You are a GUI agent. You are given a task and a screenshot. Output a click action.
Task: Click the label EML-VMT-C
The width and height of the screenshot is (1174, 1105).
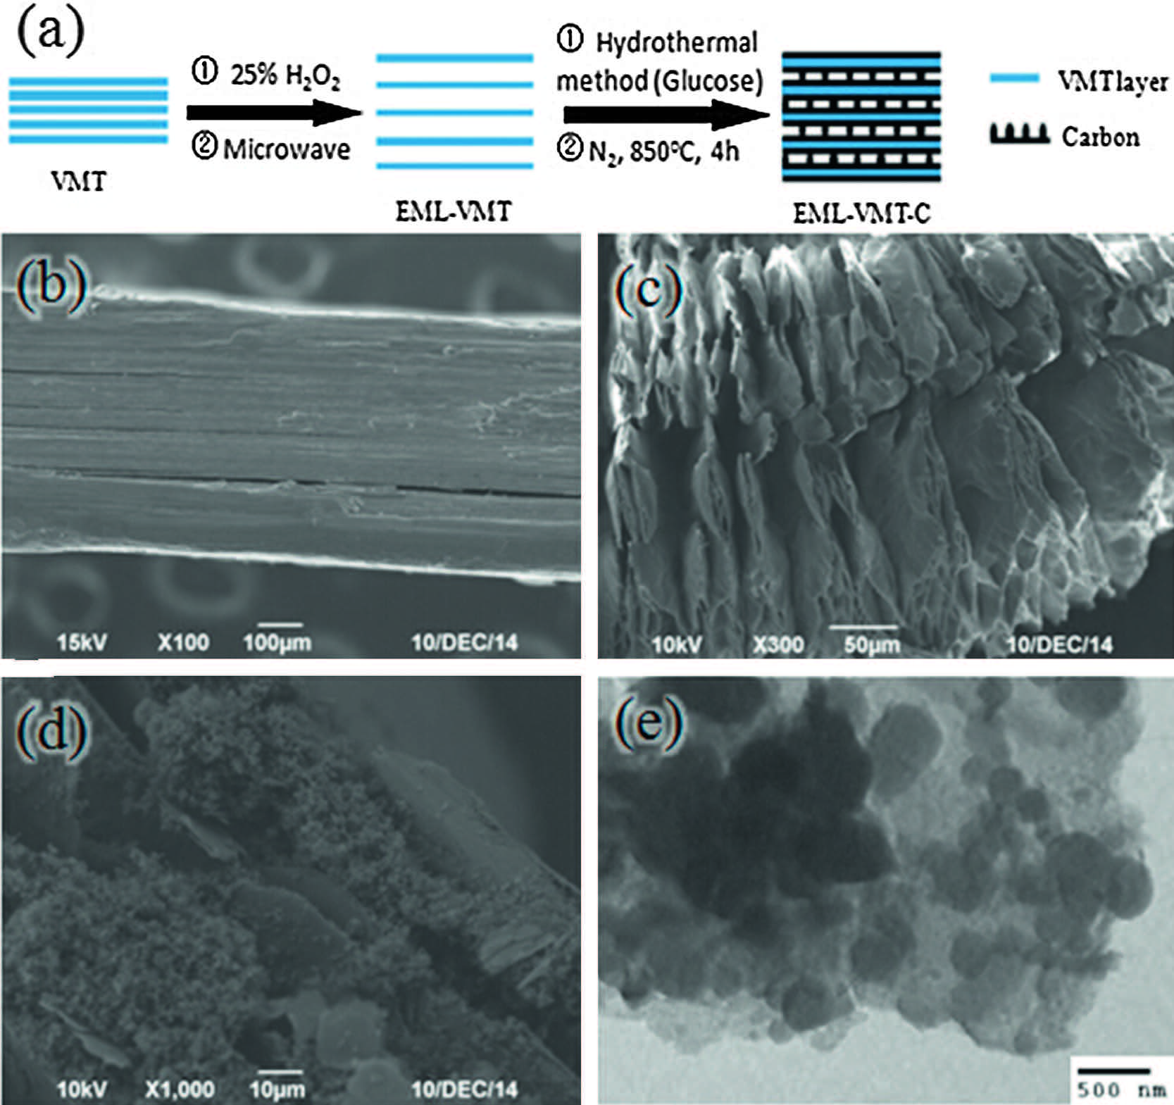pyautogui.click(x=861, y=213)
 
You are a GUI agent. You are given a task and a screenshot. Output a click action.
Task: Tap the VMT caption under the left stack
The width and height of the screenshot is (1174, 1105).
pyautogui.click(x=78, y=182)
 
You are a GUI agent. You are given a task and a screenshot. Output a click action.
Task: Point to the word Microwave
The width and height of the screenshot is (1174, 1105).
pyautogui.click(x=286, y=149)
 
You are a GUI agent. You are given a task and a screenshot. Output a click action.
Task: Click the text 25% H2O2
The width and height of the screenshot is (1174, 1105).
pyautogui.click(x=285, y=75)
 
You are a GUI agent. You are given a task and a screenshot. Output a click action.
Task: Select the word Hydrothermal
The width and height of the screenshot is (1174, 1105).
pyautogui.click(x=676, y=43)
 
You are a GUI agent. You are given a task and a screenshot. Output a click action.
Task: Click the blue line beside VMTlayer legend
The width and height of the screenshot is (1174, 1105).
pyautogui.click(x=1014, y=79)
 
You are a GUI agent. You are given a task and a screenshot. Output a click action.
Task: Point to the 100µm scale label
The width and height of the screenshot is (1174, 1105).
pyautogui.click(x=277, y=642)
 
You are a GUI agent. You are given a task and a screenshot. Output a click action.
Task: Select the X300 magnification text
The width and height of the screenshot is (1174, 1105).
pyautogui.click(x=777, y=644)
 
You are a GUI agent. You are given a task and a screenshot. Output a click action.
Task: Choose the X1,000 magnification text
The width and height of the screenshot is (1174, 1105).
pyautogui.click(x=180, y=1090)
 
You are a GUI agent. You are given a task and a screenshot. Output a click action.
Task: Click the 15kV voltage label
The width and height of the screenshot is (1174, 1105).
pyautogui.click(x=82, y=642)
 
